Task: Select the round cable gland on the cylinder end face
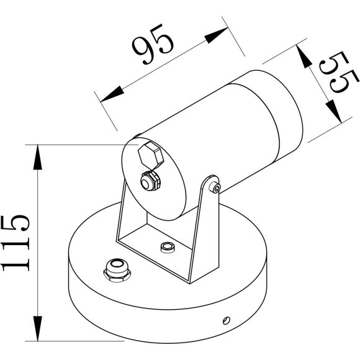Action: coord(149,181)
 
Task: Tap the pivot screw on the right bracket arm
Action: coord(215,187)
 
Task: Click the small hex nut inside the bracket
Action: coord(166,248)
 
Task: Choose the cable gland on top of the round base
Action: coord(116,269)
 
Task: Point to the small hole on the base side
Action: coord(226,320)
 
